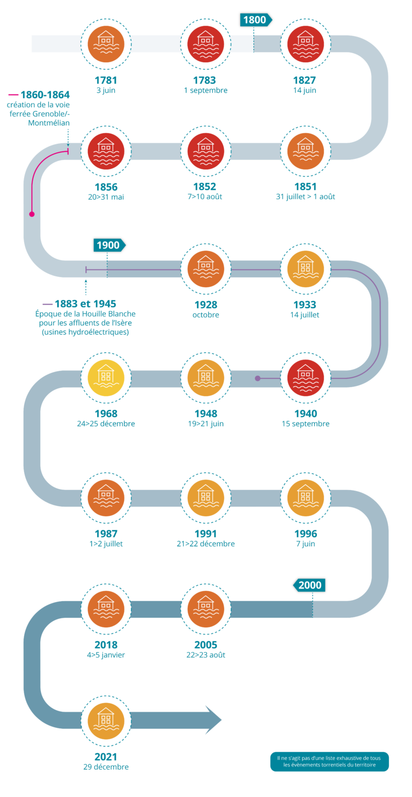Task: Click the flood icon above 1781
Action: [106, 43]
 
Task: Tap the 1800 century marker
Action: [255, 20]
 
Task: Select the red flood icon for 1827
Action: [305, 43]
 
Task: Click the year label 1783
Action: [205, 81]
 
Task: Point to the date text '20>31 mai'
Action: [106, 197]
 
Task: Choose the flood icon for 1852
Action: [205, 151]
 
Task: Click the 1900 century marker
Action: [109, 245]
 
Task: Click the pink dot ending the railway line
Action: [32, 214]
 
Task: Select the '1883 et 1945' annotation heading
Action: [85, 304]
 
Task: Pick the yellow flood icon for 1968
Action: [106, 377]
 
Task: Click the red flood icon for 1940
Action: [305, 377]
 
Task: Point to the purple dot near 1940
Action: [257, 378]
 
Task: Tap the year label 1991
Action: [205, 534]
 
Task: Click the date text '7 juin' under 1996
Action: [305, 544]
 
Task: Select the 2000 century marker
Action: [310, 585]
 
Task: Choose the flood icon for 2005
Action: [205, 609]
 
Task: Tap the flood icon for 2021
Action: [106, 720]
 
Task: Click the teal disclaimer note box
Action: [329, 761]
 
